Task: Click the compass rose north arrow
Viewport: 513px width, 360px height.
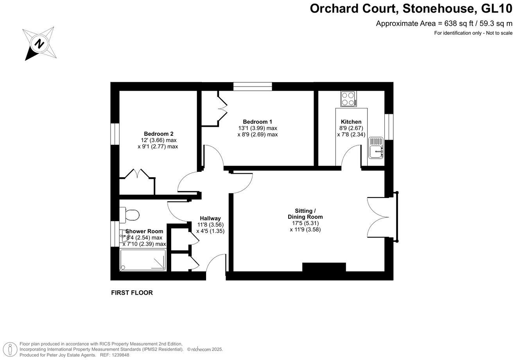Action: click(x=39, y=43)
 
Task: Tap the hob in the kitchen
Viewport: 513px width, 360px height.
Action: click(x=349, y=99)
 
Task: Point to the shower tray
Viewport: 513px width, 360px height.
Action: click(x=143, y=260)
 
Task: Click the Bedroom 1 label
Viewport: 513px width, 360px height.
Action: click(x=257, y=122)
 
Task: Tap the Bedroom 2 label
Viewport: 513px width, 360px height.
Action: click(x=158, y=134)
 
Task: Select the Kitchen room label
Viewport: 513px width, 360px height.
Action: click(x=351, y=122)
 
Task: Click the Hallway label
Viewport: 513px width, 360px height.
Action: click(x=210, y=218)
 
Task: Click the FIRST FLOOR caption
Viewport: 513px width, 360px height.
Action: click(x=132, y=293)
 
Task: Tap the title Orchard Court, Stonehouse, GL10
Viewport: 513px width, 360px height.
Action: click(x=411, y=8)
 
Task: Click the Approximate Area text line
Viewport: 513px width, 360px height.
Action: click(x=444, y=23)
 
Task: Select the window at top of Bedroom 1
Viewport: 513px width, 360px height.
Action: click(x=252, y=86)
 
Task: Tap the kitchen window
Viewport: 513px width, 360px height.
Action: click(x=389, y=126)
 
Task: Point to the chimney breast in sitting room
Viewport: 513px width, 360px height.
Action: click(x=324, y=267)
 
